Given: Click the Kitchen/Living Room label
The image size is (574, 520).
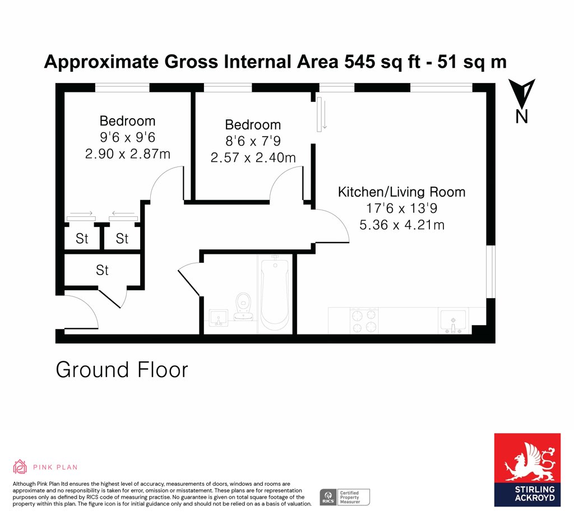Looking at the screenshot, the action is pos(401,192).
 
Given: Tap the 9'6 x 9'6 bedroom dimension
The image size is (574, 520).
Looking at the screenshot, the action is pos(128,137).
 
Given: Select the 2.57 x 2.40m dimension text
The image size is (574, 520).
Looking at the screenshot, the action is pos(253,157).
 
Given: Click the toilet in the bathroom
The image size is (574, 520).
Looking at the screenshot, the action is pos(242,307).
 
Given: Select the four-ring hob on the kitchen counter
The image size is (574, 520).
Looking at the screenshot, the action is pos(364,320).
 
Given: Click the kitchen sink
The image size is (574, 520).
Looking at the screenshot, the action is pos(453,321).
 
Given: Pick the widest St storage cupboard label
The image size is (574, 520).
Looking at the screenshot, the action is pos(102,270).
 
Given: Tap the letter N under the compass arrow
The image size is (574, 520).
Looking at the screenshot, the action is pos(522,117).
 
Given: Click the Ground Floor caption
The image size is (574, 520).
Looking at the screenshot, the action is pos(122,370).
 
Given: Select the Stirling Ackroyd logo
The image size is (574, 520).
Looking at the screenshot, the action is pos(527,470).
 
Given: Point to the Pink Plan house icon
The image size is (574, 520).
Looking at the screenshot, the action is pos(20,467).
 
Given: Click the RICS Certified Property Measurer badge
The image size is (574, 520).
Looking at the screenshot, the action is pos(345,498).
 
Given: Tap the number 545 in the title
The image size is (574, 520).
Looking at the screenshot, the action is pos(360,62).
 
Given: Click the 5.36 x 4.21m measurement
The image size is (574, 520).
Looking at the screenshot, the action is pos(402,225).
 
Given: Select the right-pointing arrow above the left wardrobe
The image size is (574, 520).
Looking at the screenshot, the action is pos(81,213).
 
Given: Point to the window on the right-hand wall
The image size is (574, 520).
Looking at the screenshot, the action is pos(491,272).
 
